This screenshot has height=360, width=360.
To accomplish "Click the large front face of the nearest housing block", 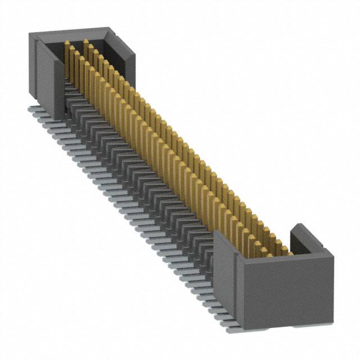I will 284,292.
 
